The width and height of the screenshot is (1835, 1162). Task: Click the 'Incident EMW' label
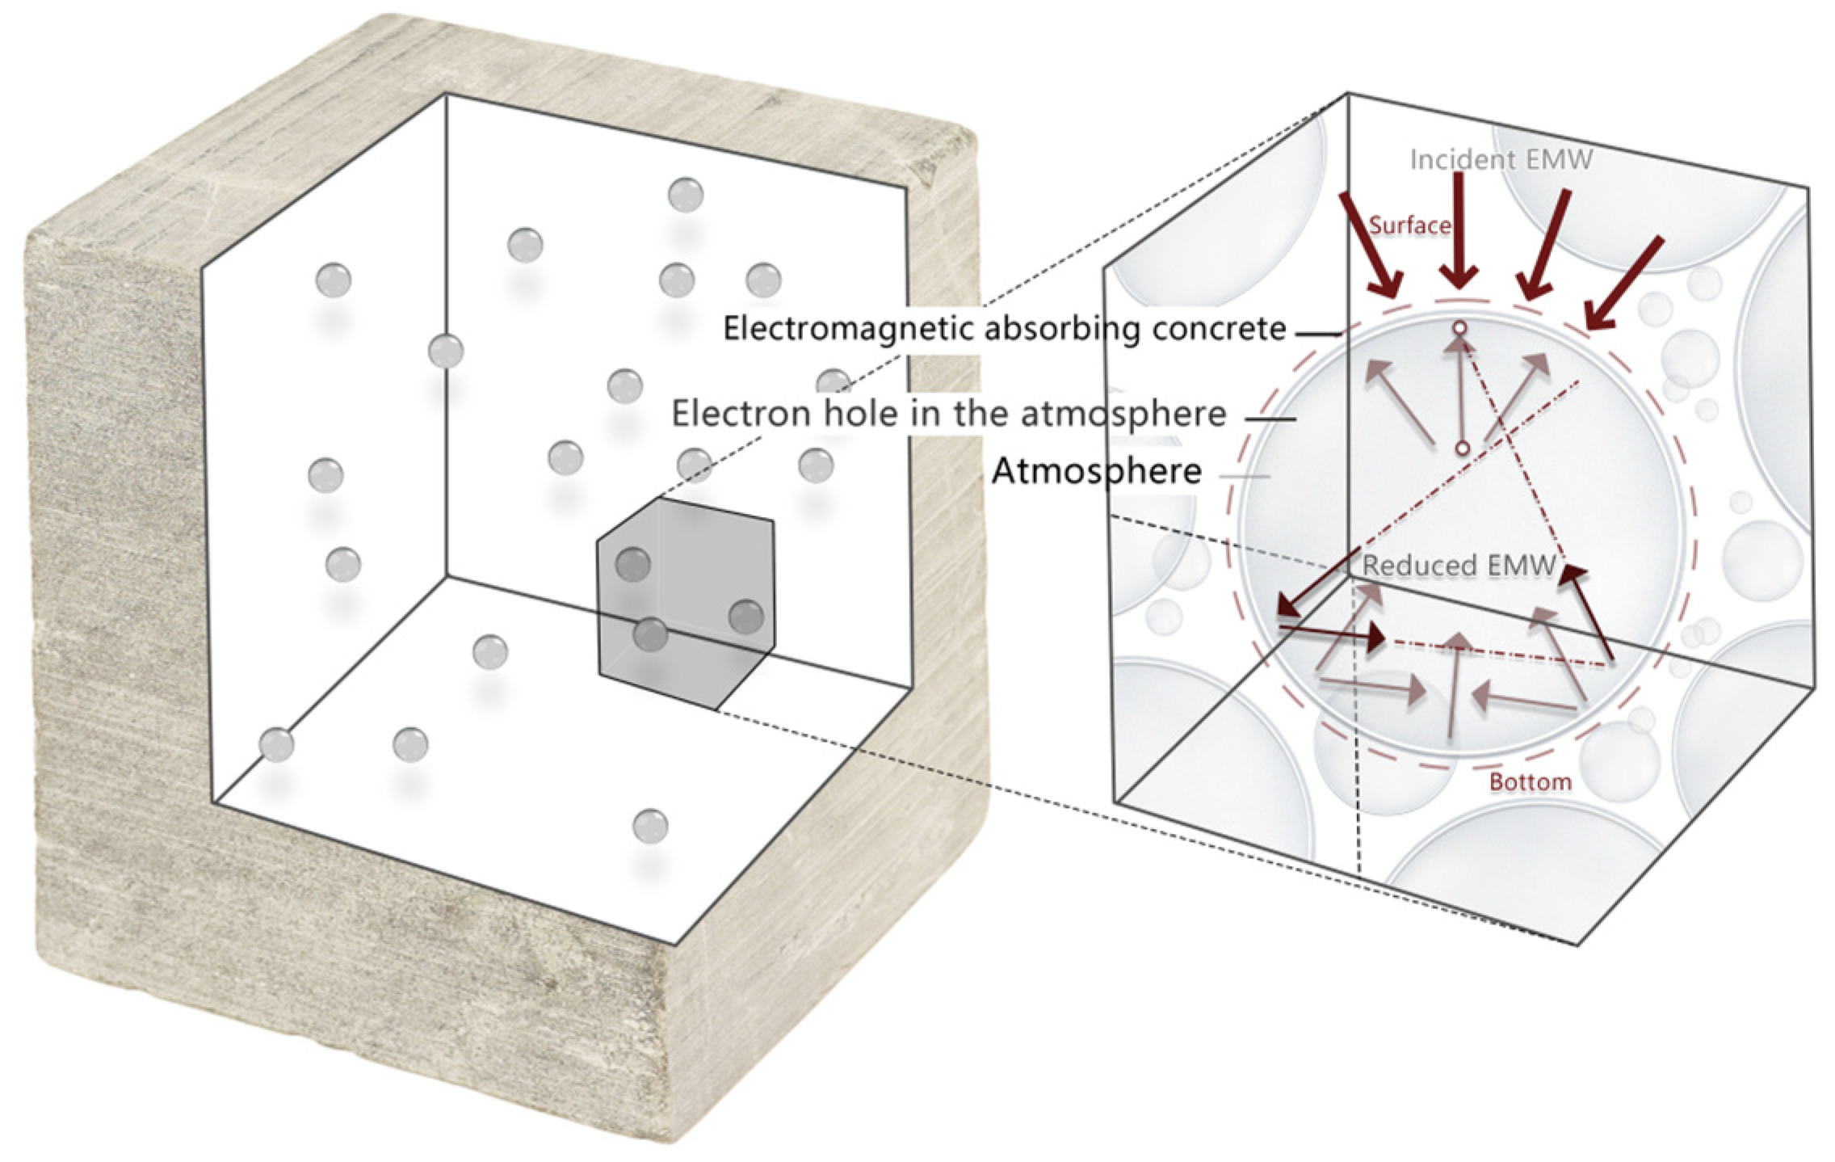pos(1501,160)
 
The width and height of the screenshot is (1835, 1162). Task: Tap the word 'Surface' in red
pos(1409,225)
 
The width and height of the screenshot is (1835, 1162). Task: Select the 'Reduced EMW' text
pos(1458,566)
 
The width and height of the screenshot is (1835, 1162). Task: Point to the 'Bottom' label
pos(1530,782)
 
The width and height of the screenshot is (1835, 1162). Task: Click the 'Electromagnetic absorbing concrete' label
pos(1004,329)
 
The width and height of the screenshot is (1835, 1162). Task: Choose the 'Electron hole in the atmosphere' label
pos(949,415)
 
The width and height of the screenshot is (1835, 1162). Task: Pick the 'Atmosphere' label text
pos(1096,470)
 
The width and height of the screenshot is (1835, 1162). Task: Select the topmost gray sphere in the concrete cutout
pos(686,195)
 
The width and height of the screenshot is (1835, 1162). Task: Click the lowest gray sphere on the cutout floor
pos(650,826)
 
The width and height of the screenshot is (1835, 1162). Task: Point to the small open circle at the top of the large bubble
pos(1459,328)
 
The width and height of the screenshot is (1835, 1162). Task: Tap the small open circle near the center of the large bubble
pos(1462,448)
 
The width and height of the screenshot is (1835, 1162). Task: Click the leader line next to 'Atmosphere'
pos(1244,476)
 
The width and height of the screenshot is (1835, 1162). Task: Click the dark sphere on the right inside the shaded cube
pos(745,617)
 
